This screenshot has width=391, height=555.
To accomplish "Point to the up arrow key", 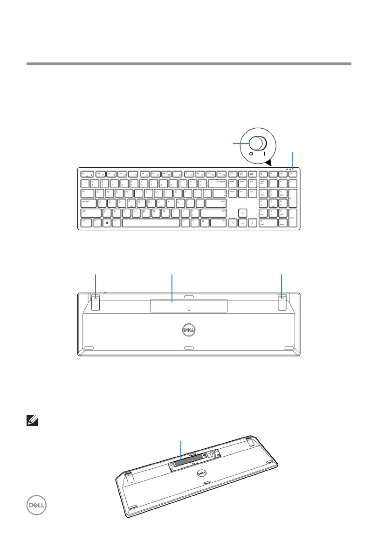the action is [x=243, y=213].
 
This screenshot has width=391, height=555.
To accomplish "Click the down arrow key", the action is [x=243, y=223].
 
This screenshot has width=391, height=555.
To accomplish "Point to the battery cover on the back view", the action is [x=189, y=306].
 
